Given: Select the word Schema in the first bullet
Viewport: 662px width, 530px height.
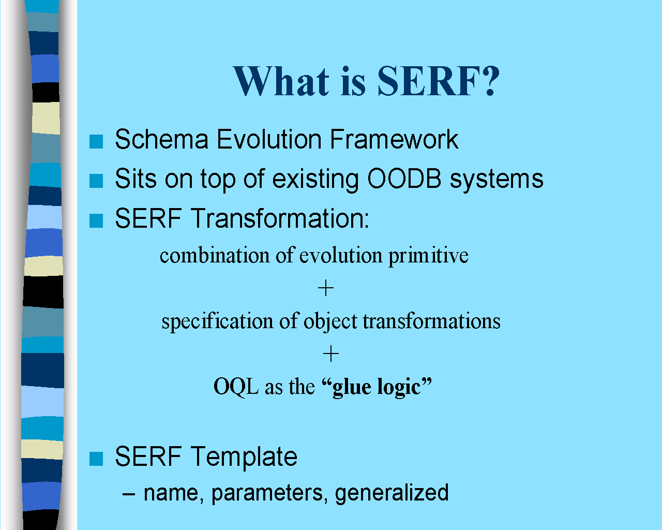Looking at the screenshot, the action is click(x=162, y=139).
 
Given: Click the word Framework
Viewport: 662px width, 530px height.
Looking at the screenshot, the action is click(x=394, y=139).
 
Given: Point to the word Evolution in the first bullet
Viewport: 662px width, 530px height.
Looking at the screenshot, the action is click(x=269, y=139).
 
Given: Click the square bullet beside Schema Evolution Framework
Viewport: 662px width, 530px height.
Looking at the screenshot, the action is click(x=96, y=142).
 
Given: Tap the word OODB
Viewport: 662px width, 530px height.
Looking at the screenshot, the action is click(x=404, y=179).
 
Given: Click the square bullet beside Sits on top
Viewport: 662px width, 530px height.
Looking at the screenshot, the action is click(x=96, y=181).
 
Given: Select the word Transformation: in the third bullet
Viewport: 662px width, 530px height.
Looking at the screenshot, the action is click(x=280, y=218).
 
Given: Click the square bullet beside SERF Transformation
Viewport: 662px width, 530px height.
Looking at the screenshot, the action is click(x=96, y=220).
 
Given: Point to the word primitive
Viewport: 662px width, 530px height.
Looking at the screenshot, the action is click(x=428, y=256).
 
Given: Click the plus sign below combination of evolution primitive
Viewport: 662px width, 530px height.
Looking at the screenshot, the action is click(x=325, y=288).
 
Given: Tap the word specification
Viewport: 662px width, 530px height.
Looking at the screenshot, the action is click(x=217, y=321).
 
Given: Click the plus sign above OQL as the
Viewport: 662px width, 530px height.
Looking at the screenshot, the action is click(x=331, y=353).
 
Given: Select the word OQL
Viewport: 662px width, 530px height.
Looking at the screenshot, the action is click(x=236, y=387).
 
